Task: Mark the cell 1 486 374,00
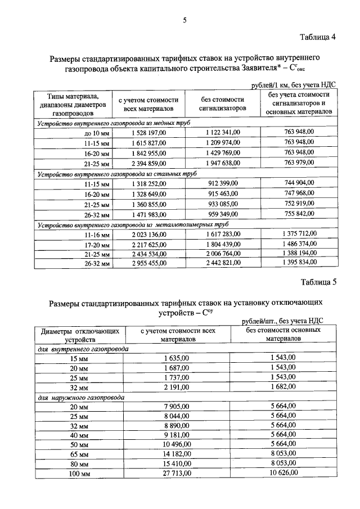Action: [x=299, y=245]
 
